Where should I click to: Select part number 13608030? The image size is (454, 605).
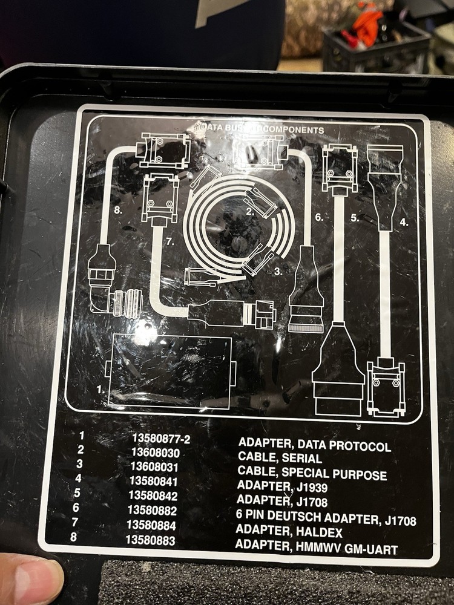pos(156,453)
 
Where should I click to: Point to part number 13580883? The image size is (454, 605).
pos(151,540)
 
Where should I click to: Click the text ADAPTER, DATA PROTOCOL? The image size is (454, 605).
pos(314,446)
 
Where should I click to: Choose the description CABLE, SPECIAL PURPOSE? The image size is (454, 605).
pos(312,474)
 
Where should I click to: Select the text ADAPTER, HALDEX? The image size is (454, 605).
pos(289,532)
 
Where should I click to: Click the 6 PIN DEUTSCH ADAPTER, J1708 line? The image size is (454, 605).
pos(326,518)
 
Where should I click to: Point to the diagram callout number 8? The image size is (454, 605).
pos(119,211)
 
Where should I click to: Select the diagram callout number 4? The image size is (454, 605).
pos(403,222)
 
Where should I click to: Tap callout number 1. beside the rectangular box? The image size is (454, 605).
pos(101,390)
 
